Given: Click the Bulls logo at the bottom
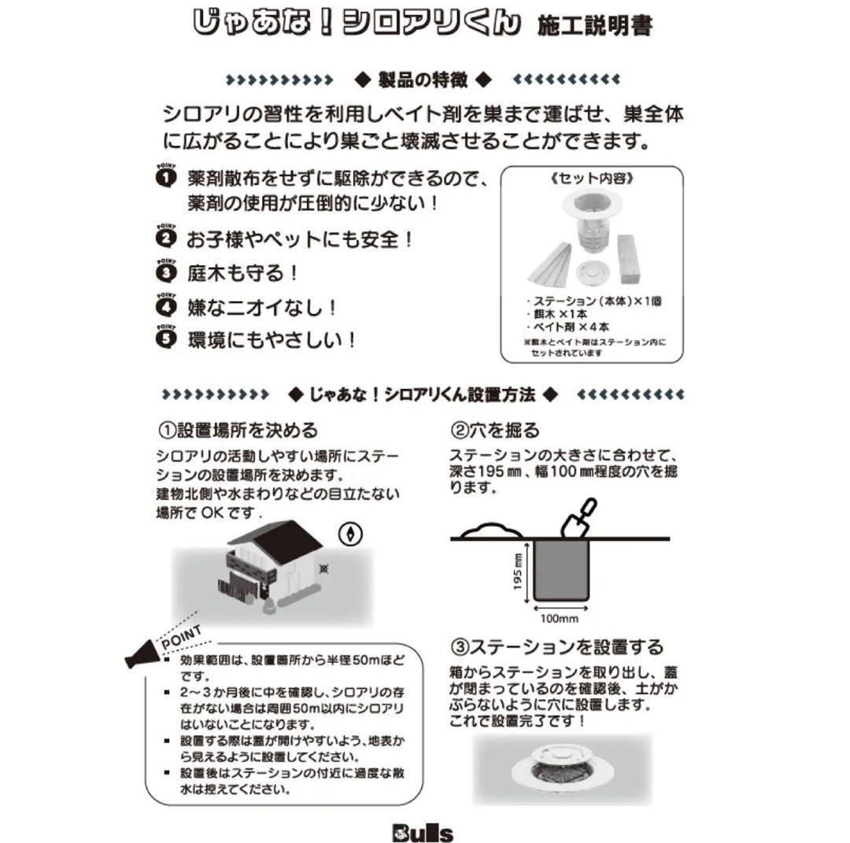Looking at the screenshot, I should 424,832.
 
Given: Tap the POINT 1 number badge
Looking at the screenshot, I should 166,177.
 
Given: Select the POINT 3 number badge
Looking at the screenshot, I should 166,272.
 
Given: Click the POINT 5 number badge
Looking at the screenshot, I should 166,338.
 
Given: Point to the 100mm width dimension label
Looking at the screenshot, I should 561,618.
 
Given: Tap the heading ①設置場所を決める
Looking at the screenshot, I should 238,431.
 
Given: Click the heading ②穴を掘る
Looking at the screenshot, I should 495,431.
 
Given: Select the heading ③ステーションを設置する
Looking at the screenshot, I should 556,647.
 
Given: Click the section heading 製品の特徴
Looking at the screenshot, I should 423,79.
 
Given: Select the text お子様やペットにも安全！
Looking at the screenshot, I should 300,238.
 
